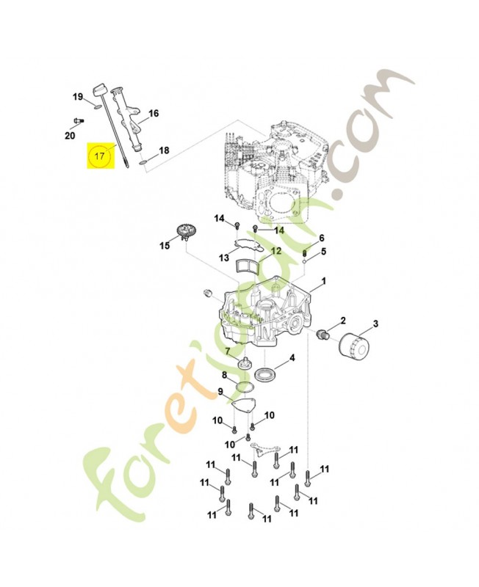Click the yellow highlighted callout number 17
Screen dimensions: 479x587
[x=99, y=156]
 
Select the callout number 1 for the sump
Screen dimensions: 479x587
[x=323, y=280]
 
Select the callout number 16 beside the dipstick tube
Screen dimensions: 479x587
[x=154, y=113]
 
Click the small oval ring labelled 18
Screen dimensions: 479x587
[x=143, y=162]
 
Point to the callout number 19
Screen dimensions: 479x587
[x=78, y=97]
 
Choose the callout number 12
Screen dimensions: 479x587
[x=275, y=251]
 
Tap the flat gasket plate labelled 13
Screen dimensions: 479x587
[x=248, y=244]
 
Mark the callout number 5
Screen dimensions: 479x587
[x=323, y=251]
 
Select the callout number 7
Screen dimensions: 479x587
[x=228, y=351]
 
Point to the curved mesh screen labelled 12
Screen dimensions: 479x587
[x=248, y=268]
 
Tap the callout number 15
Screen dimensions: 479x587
[x=165, y=246]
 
